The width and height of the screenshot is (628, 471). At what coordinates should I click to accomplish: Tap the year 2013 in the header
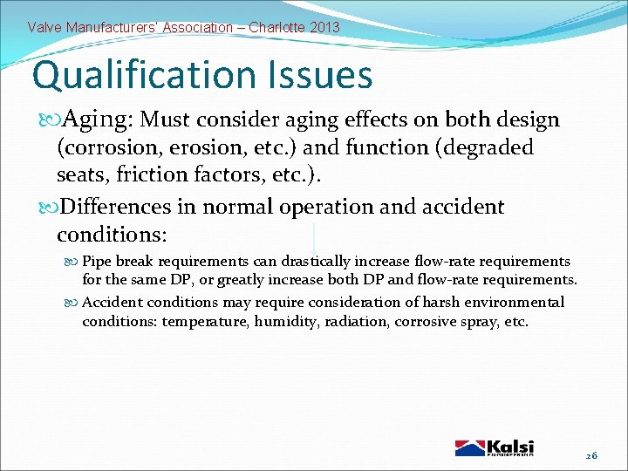(x=324, y=27)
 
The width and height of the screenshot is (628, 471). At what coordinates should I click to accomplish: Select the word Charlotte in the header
(x=276, y=27)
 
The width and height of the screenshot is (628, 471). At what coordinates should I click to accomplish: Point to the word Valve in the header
(x=45, y=27)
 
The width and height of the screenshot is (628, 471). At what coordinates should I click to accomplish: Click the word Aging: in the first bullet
(x=95, y=119)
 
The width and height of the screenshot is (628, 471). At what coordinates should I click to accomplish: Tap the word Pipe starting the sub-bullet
(x=96, y=262)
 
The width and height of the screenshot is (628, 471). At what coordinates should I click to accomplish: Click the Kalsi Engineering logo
(x=495, y=447)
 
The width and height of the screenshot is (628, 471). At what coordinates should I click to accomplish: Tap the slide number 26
(x=590, y=455)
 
